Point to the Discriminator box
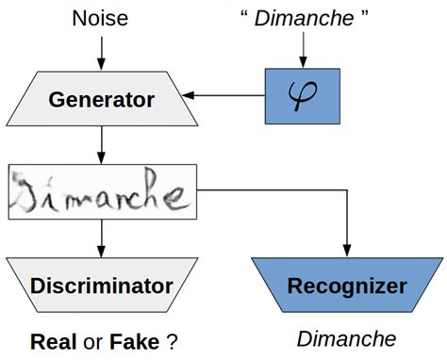102,286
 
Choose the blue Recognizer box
346,286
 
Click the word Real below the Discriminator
53,340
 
